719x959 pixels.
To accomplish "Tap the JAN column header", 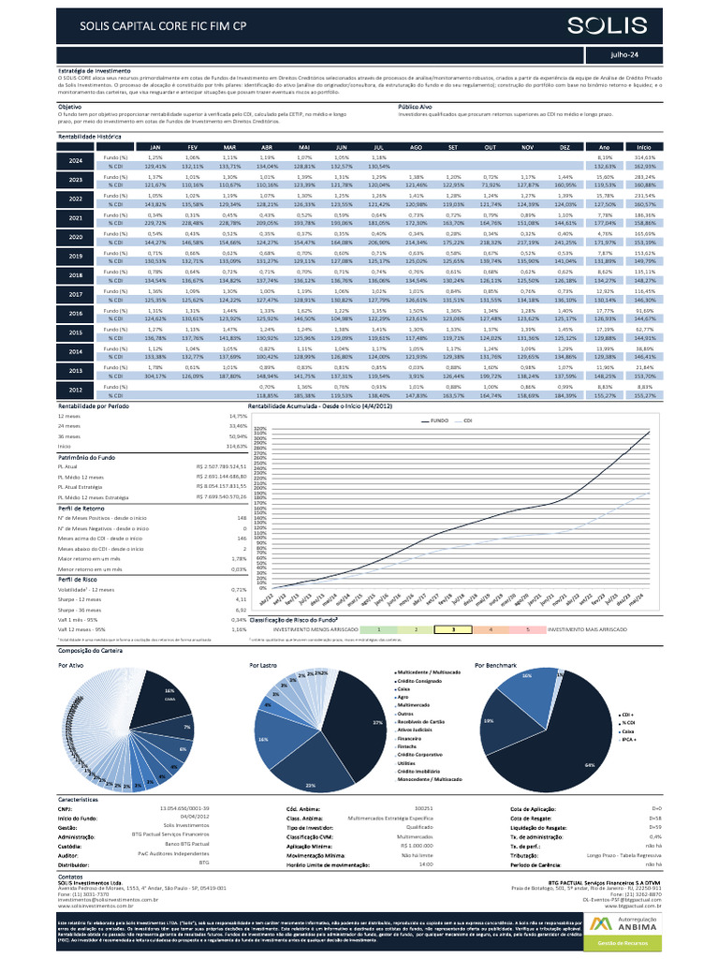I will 155,147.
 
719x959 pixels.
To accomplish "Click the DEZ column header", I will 564,147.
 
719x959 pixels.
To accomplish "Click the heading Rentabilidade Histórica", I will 90,137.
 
